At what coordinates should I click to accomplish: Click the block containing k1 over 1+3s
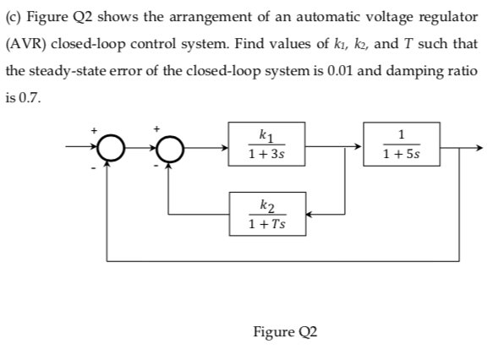click(x=261, y=145)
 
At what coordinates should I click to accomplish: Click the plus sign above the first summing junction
click(x=95, y=130)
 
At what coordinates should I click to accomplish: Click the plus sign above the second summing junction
click(x=157, y=130)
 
